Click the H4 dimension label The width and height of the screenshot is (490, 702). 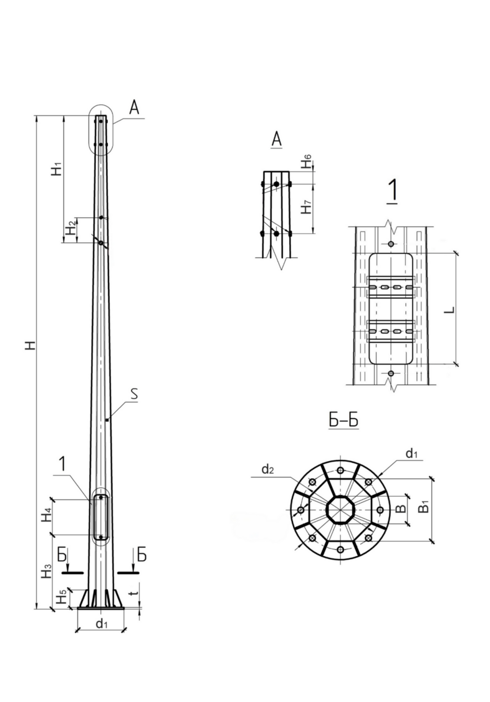pos(47,515)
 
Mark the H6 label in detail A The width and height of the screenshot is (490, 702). pos(306,162)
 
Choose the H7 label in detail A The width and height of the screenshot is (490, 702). pos(306,207)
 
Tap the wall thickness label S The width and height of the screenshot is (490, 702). pos(134,394)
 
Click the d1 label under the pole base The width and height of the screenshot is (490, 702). pos(102,623)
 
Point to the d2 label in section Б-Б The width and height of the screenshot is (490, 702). pos(268,469)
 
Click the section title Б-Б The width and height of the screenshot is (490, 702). pos(343,420)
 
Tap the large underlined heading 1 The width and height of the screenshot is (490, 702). pos(393,191)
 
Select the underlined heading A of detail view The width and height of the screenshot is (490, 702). pos(277,139)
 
